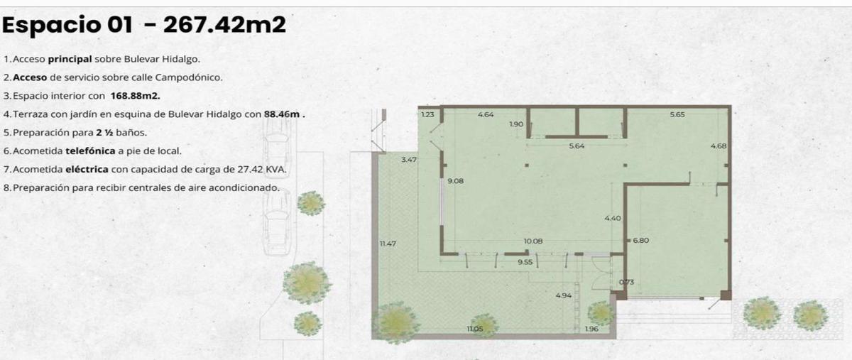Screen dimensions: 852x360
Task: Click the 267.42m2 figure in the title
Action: pos(224,25)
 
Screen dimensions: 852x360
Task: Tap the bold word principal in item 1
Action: pos(70,60)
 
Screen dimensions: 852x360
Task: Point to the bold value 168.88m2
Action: pos(136,96)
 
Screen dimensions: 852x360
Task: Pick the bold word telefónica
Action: pos(90,151)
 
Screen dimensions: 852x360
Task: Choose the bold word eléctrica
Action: pos(87,169)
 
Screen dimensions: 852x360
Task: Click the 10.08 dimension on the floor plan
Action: pos(533,241)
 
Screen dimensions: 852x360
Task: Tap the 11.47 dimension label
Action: pos(388,244)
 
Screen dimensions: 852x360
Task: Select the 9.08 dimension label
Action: pos(455,181)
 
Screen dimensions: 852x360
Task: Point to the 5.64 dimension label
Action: pos(577,146)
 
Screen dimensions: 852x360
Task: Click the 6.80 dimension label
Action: pos(641,241)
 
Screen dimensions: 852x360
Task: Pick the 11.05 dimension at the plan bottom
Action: pos(475,329)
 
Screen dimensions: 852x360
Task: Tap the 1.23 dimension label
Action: pos(428,114)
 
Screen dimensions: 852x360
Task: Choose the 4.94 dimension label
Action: pos(563,295)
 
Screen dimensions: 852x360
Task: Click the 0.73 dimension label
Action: pos(626,282)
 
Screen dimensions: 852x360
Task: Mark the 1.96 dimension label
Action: pos(591,329)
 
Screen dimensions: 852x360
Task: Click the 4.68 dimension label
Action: pos(718,146)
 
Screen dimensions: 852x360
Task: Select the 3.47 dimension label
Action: pos(409,160)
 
